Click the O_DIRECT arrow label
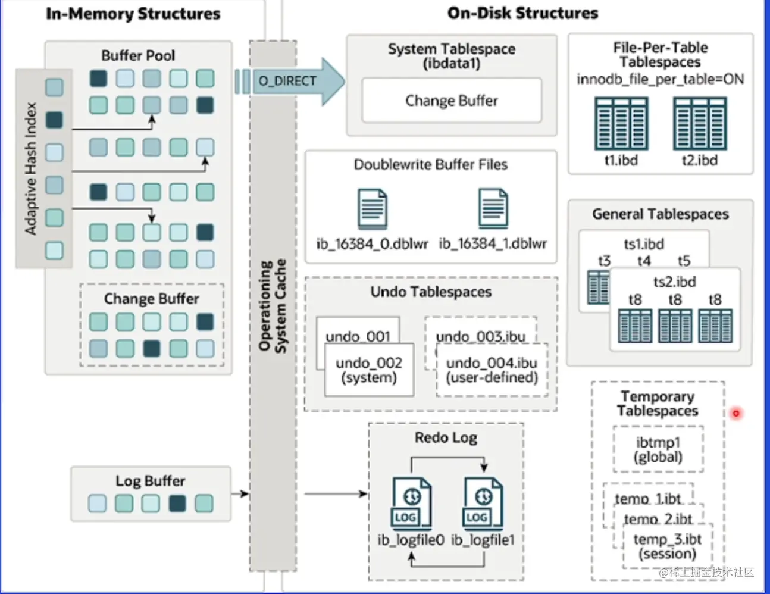point(287,81)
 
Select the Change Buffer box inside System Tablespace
point(452,101)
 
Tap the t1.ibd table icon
point(621,124)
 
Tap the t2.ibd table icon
point(700,124)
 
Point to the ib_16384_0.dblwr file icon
point(373,209)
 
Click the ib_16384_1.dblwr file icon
point(493,209)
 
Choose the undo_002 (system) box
point(369,370)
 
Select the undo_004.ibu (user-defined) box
point(492,370)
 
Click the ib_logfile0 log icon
point(411,503)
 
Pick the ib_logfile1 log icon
point(483,503)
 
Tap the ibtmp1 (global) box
point(658,449)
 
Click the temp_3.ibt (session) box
point(667,547)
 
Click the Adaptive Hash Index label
point(31,168)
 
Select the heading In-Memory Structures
point(133,14)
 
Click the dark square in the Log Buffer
point(177,504)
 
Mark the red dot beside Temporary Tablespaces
point(736,413)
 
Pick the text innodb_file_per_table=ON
point(660,79)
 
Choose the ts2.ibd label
point(675,282)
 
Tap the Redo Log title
point(446,437)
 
